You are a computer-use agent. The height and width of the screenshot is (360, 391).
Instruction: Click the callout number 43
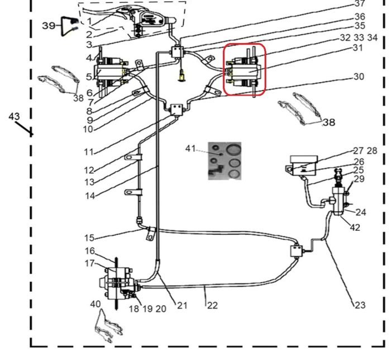(x=15, y=116)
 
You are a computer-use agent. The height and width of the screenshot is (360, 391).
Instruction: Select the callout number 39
(x=50, y=25)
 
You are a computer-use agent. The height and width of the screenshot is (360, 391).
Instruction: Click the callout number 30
(x=358, y=77)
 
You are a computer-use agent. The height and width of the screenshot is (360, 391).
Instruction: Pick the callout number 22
(x=212, y=305)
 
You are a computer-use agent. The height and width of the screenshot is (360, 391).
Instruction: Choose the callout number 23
(x=359, y=305)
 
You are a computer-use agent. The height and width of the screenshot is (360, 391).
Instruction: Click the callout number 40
(x=95, y=304)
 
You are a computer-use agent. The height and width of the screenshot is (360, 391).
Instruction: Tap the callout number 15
(x=89, y=238)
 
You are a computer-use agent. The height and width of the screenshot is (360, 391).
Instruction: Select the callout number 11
(x=89, y=151)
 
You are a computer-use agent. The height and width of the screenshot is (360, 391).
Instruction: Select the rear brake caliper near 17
(x=120, y=281)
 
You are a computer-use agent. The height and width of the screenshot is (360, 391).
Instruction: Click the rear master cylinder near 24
(x=340, y=200)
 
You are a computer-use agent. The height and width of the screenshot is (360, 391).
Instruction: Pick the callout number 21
(x=182, y=305)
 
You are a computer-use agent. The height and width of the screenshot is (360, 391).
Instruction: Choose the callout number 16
(x=89, y=250)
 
